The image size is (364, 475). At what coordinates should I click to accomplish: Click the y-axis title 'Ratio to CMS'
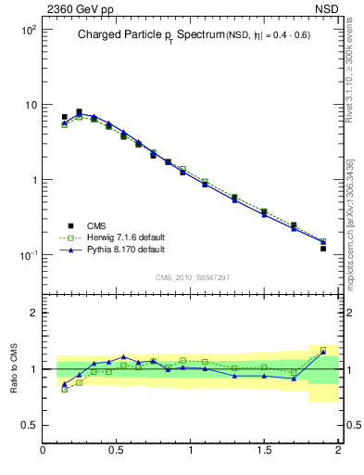click(14, 369)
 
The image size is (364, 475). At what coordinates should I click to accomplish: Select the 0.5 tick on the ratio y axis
click(28, 425)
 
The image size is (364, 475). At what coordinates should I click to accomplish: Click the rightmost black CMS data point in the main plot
click(323, 249)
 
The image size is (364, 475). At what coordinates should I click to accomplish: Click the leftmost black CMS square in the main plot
click(64, 118)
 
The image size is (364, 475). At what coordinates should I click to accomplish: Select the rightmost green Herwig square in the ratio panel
click(323, 351)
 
